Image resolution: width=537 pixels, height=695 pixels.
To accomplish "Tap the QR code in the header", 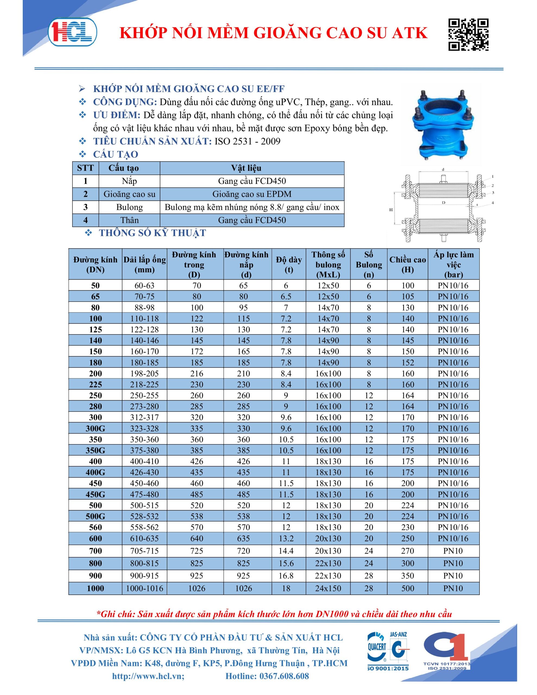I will [x=468, y=35].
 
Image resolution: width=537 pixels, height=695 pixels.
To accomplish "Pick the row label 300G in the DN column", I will [x=95, y=428].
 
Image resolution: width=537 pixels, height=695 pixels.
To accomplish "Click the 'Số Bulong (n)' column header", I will [x=369, y=264].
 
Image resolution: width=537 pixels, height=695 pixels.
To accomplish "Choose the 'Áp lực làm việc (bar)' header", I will [x=453, y=264].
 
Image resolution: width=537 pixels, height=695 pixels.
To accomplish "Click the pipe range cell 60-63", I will [x=144, y=285].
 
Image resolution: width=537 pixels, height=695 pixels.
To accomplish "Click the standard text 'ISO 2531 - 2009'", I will [x=247, y=141].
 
